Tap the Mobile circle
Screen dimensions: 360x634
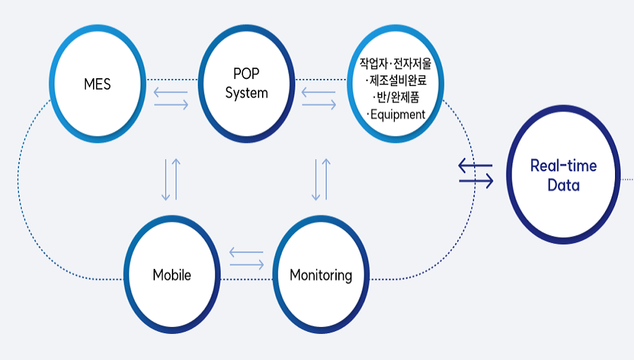point(172,275)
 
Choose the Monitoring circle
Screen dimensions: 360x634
point(321,275)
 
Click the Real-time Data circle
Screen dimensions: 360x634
point(563,176)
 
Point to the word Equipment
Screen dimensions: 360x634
point(396,114)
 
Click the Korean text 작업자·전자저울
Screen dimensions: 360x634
point(395,63)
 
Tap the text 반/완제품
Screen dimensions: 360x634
point(395,97)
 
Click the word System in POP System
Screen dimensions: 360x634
point(247,93)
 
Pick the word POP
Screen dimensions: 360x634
point(247,75)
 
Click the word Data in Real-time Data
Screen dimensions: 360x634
point(563,186)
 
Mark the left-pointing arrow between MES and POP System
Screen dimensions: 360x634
point(171,92)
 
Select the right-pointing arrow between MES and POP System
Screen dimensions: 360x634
point(171,105)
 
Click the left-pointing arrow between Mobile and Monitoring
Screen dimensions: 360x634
point(246,252)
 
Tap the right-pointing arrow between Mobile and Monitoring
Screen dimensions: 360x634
point(246,264)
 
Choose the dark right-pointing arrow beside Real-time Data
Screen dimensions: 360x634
point(475,181)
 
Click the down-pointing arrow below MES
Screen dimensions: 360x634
point(166,179)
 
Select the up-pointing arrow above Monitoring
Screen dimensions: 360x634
point(325,179)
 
